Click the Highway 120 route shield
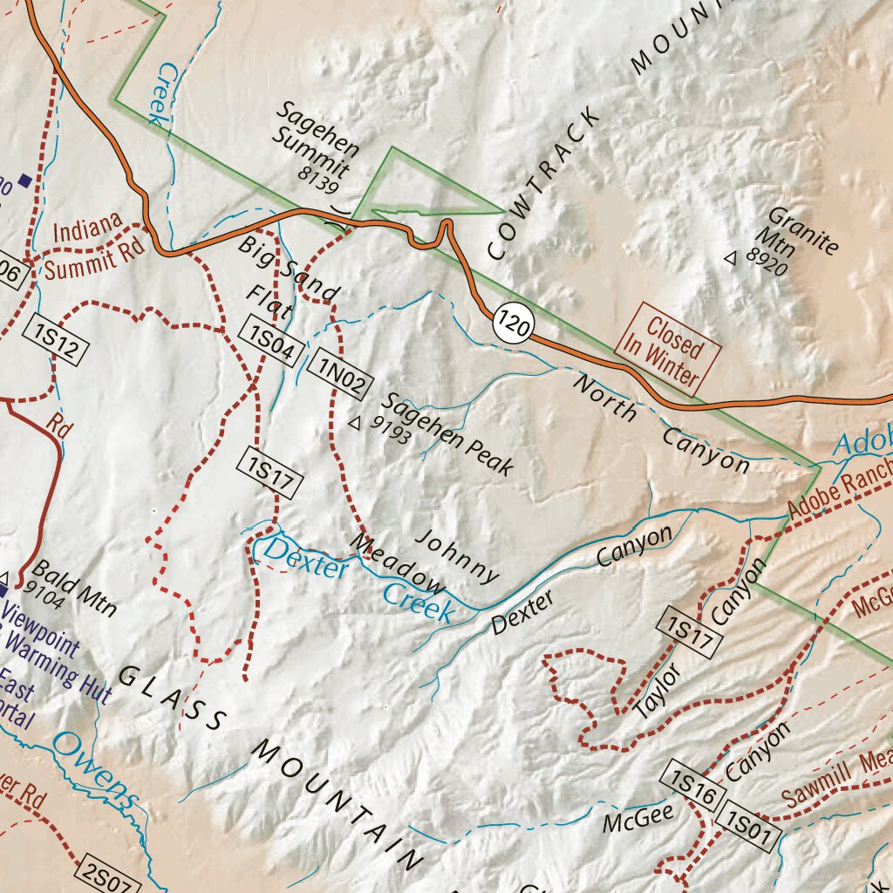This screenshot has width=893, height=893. pos(514,324)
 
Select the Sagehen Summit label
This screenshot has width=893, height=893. pos(316,139)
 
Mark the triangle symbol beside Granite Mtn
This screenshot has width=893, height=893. pos(731,257)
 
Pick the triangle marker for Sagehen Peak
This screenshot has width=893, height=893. pos(354,423)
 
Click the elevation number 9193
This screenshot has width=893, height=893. pos(390,430)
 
